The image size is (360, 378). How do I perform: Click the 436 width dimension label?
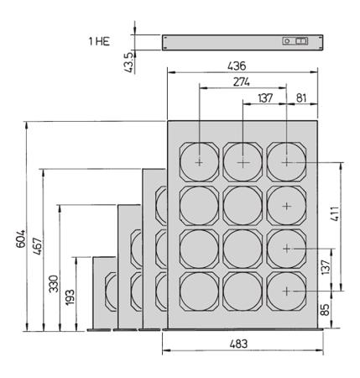point(237,66)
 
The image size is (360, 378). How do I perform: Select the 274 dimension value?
point(242,82)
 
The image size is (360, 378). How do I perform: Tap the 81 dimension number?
point(301,98)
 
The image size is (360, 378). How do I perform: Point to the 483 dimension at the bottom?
point(238,344)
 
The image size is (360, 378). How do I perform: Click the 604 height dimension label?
point(20,239)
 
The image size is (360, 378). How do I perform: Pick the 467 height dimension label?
point(37,246)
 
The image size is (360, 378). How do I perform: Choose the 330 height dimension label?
point(54,284)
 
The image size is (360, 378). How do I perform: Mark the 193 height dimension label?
point(70,297)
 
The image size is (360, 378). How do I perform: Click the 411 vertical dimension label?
point(335,214)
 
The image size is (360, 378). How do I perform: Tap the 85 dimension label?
point(325,310)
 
